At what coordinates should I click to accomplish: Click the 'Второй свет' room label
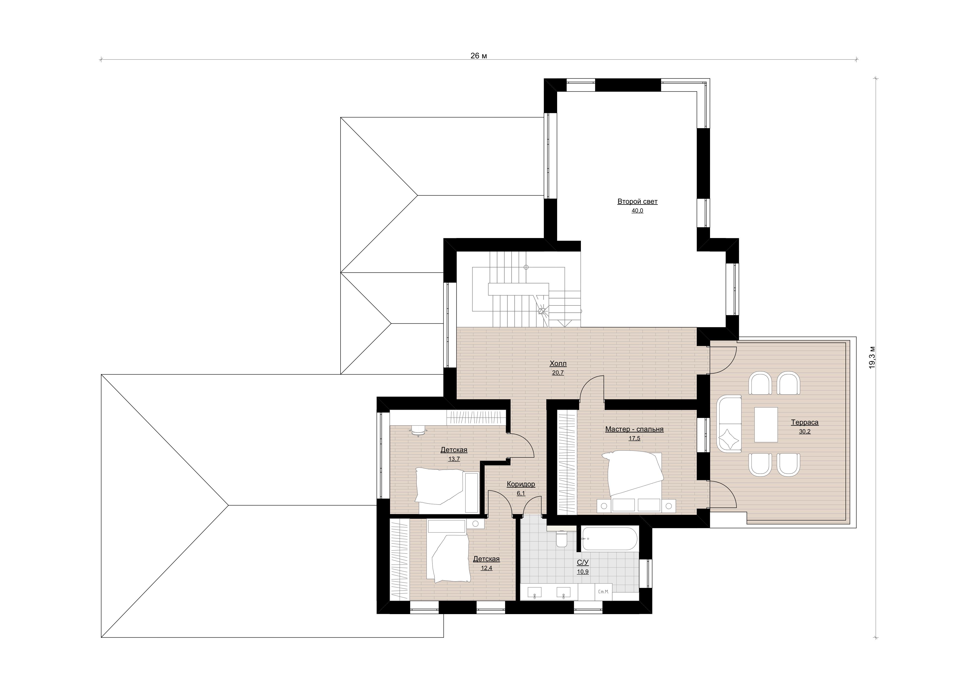[x=637, y=201]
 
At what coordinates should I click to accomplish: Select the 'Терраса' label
[x=805, y=422]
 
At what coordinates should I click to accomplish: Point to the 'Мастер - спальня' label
[x=634, y=429]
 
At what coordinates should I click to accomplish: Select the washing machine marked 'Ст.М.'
[x=604, y=592]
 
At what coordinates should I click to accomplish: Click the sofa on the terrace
[x=729, y=424]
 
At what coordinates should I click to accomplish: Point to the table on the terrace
[x=766, y=424]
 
